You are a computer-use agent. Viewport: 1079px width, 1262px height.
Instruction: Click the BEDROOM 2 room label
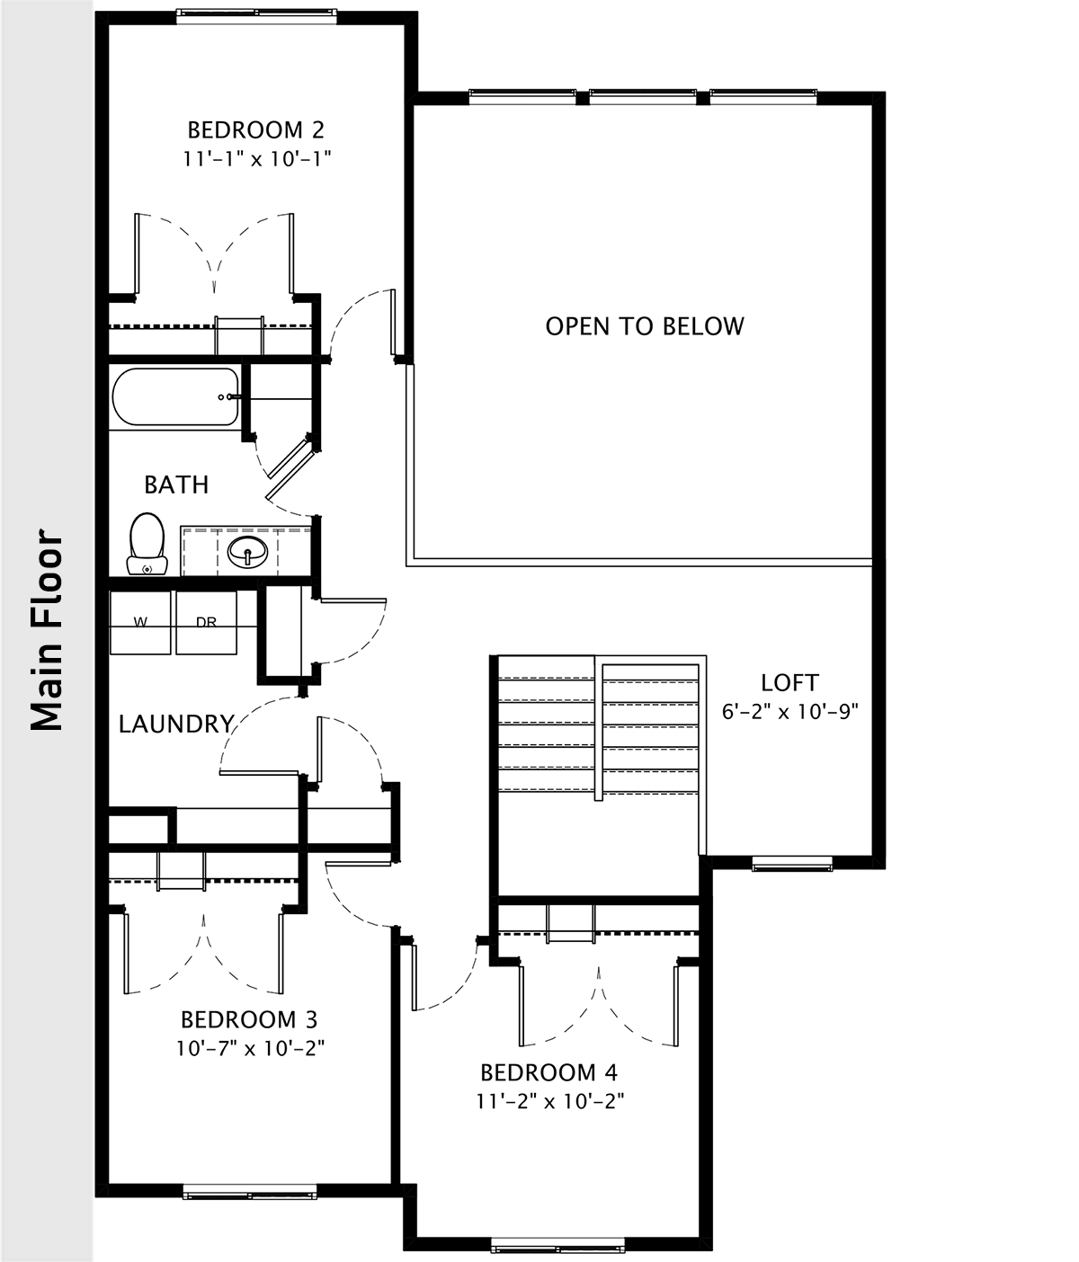pyautogui.click(x=255, y=130)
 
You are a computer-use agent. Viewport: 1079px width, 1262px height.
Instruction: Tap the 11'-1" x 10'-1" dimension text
pyautogui.click(x=257, y=159)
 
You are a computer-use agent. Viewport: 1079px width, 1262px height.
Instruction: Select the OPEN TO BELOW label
pyautogui.click(x=645, y=326)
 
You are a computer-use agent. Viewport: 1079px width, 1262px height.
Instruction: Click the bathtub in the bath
pyautogui.click(x=175, y=397)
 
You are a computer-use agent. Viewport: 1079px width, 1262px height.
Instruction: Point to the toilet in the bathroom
pyautogui.click(x=147, y=543)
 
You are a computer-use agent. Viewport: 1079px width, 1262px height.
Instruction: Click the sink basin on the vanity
pyautogui.click(x=247, y=552)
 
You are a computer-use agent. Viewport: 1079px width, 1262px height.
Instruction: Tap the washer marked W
pyautogui.click(x=140, y=622)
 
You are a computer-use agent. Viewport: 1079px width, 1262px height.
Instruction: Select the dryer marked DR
pyautogui.click(x=207, y=622)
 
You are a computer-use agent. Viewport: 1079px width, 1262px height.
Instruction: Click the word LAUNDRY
pyautogui.click(x=176, y=724)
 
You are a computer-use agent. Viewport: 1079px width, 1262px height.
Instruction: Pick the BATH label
pyautogui.click(x=176, y=484)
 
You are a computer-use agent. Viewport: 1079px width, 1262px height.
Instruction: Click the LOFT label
pyautogui.click(x=789, y=682)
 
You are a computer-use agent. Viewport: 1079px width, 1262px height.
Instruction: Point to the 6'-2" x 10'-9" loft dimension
pyautogui.click(x=790, y=712)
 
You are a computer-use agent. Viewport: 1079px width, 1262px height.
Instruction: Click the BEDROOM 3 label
pyautogui.click(x=249, y=1019)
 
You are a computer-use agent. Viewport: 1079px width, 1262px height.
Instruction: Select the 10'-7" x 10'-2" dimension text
pyautogui.click(x=250, y=1048)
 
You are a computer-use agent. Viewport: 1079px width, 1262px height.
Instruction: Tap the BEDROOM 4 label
pyautogui.click(x=549, y=1072)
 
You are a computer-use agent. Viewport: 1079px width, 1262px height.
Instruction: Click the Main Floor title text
pyautogui.click(x=47, y=629)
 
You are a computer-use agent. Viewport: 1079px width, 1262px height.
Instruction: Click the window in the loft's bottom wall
pyautogui.click(x=792, y=863)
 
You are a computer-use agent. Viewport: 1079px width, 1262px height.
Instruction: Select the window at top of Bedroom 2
pyautogui.click(x=256, y=16)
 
